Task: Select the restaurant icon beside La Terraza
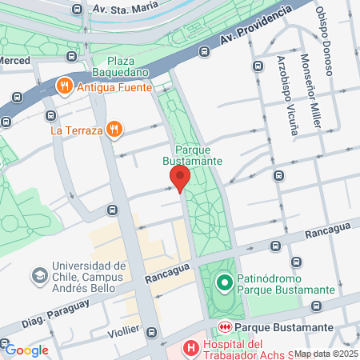pyautogui.click(x=115, y=129)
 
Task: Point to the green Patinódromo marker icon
pyautogui.click(x=225, y=282)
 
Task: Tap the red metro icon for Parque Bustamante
pyautogui.click(x=225, y=328)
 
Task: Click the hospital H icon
pyautogui.click(x=190, y=348)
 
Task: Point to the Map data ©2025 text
pyautogui.click(x=326, y=354)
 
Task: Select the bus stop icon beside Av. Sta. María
pyautogui.click(x=77, y=10)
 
